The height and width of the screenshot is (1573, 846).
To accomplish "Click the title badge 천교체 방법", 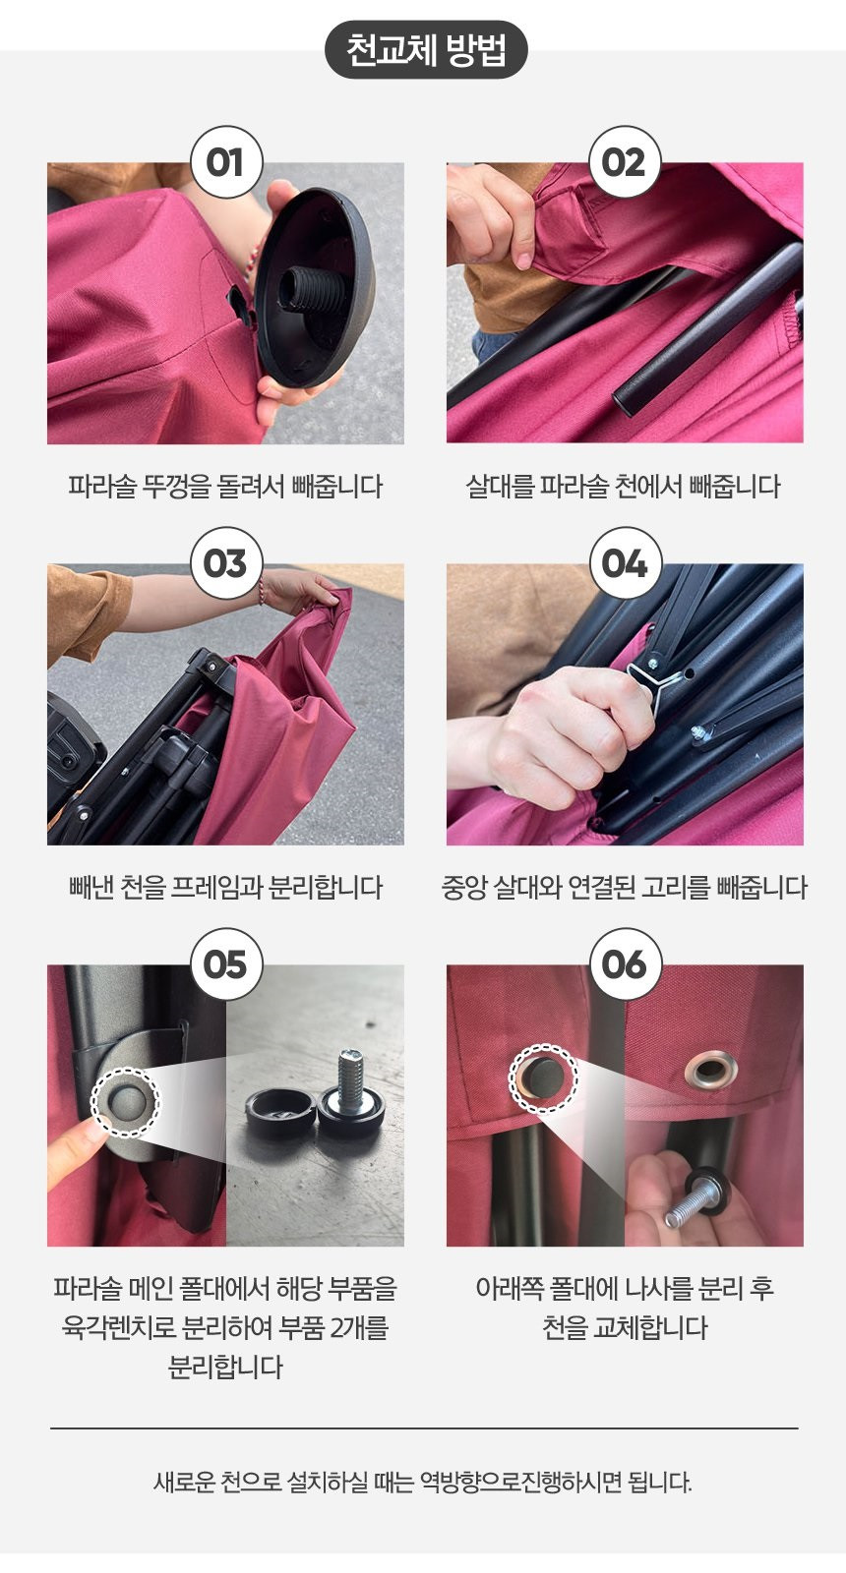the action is [x=426, y=49].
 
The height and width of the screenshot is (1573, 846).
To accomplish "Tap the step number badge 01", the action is [x=226, y=162].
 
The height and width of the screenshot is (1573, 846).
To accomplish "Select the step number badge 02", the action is [x=624, y=162].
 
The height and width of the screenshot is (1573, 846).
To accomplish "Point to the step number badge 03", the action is [x=226, y=563].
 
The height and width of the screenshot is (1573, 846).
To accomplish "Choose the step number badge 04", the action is [x=624, y=563].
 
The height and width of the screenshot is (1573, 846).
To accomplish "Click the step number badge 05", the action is [x=226, y=964].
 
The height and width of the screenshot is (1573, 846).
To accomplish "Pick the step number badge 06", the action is [x=624, y=964].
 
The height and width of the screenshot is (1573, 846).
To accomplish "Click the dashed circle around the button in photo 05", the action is [x=126, y=1102].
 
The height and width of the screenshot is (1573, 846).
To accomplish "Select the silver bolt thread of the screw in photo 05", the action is [x=350, y=1076].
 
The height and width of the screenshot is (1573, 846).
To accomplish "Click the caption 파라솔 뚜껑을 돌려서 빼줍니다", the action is [x=225, y=486].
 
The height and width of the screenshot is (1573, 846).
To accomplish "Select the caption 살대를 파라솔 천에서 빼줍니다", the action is [x=624, y=486].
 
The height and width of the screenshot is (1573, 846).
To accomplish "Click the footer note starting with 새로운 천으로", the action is [x=423, y=1482].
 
